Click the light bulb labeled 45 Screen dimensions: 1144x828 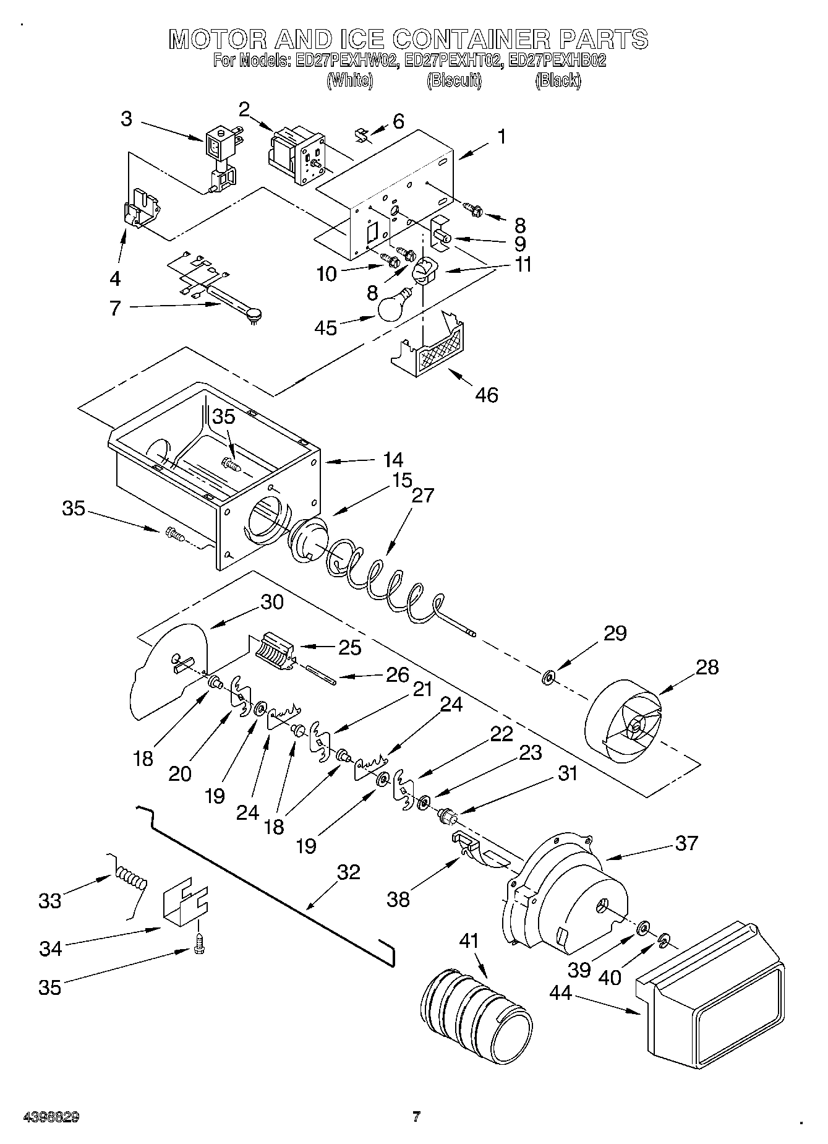pos(395,307)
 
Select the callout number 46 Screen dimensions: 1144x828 pos(487,394)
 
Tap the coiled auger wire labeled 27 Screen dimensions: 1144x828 pos(383,575)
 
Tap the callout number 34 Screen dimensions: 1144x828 pos(51,948)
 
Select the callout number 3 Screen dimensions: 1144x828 pos(126,118)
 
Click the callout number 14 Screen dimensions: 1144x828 pos(393,460)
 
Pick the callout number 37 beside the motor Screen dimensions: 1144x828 pos(686,843)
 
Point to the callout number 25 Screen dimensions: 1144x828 pos(349,647)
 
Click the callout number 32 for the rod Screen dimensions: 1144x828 pos(349,872)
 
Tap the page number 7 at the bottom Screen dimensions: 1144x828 pos(416,1117)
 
